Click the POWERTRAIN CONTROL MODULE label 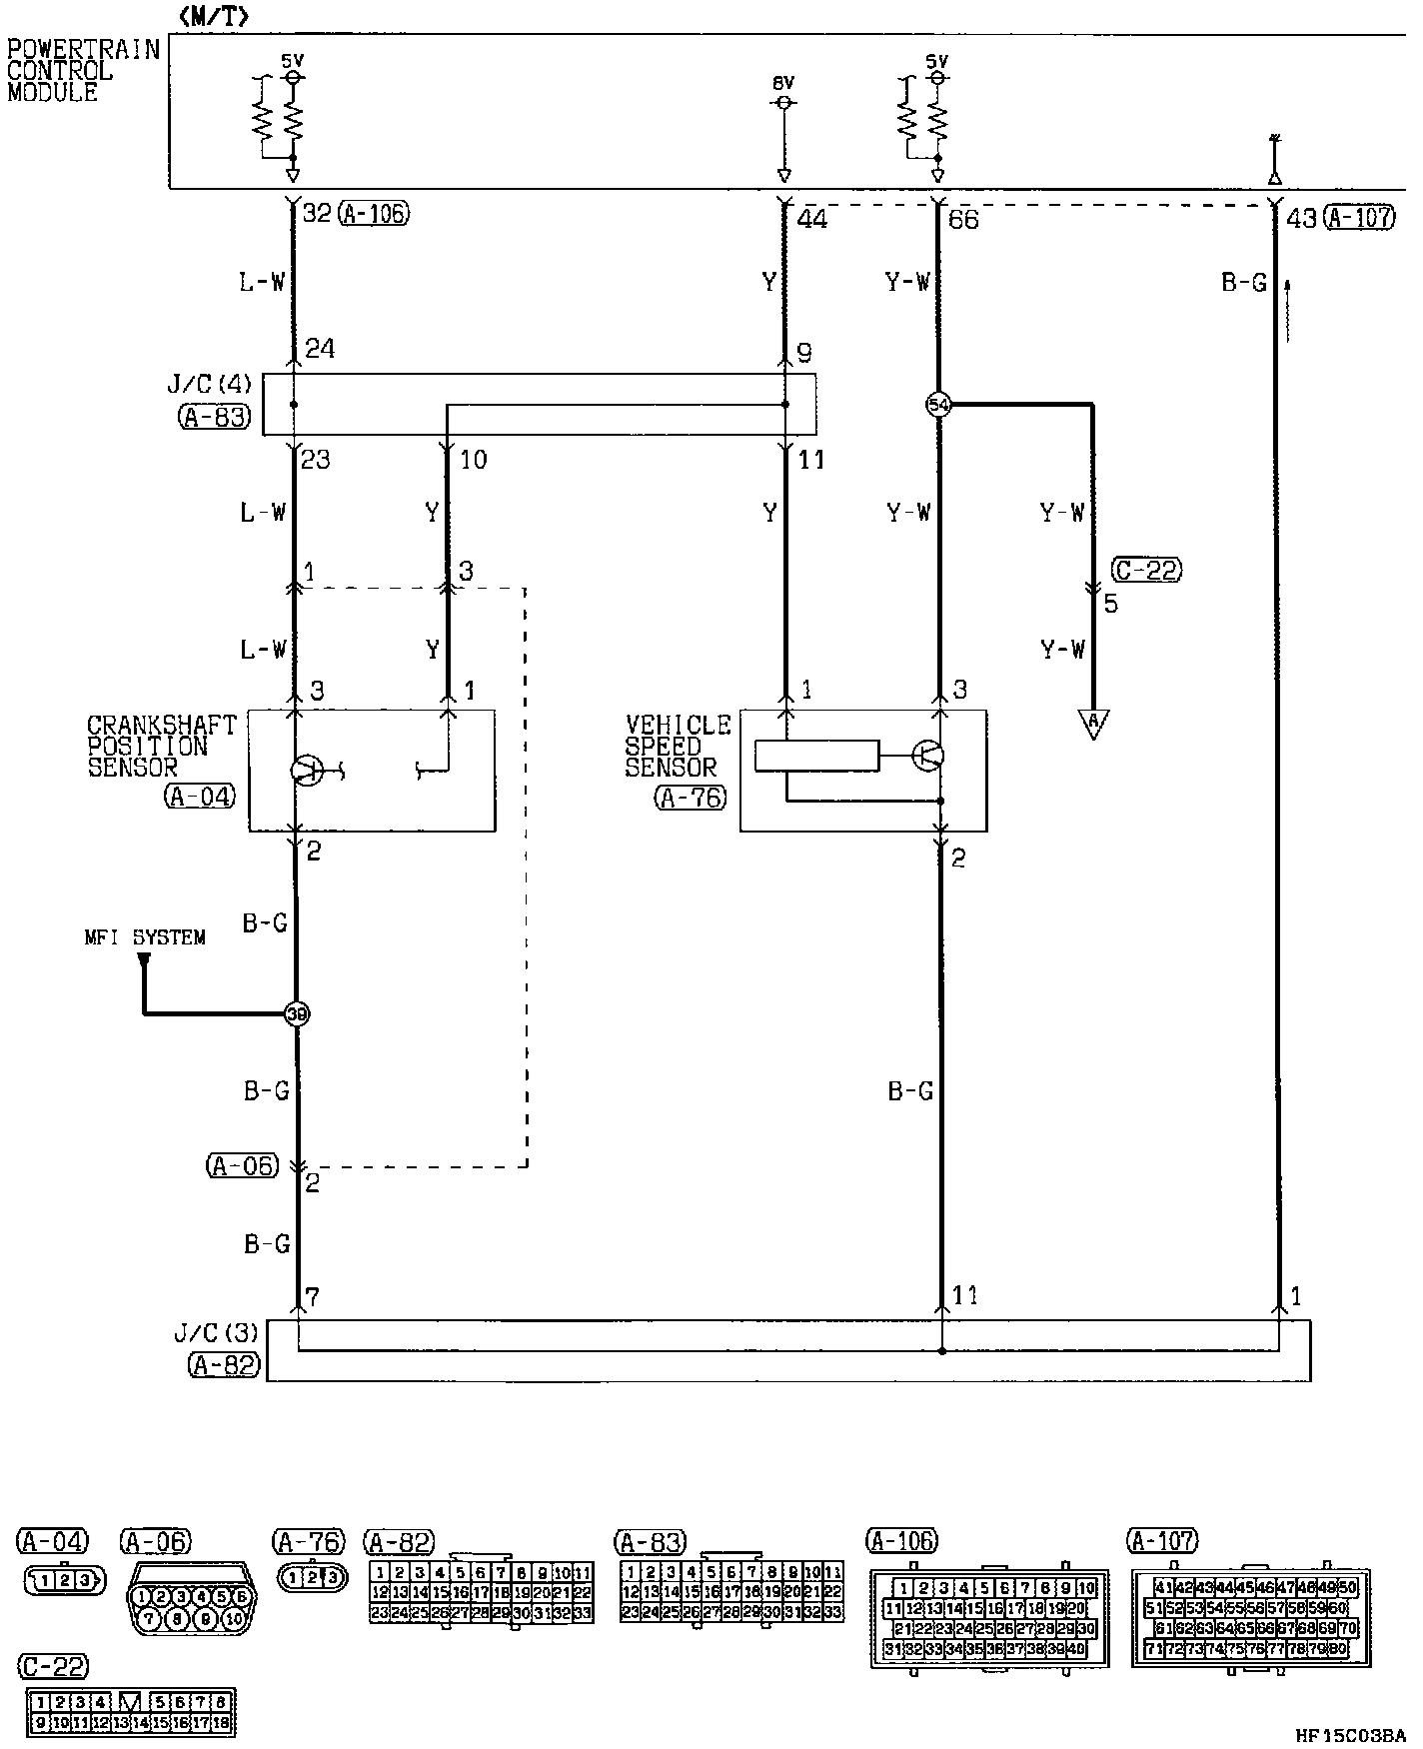click(82, 71)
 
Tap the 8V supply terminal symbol click(784, 103)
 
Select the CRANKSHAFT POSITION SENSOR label click(161, 746)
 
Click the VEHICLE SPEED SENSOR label click(678, 746)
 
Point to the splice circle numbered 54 click(938, 405)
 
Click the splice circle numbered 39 click(297, 1013)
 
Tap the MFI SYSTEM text click(145, 937)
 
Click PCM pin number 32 click(316, 213)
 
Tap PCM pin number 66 click(963, 219)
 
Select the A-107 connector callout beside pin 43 click(1359, 217)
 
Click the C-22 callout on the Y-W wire click(1146, 570)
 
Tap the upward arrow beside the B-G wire click(1287, 310)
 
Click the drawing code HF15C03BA click(1350, 1736)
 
